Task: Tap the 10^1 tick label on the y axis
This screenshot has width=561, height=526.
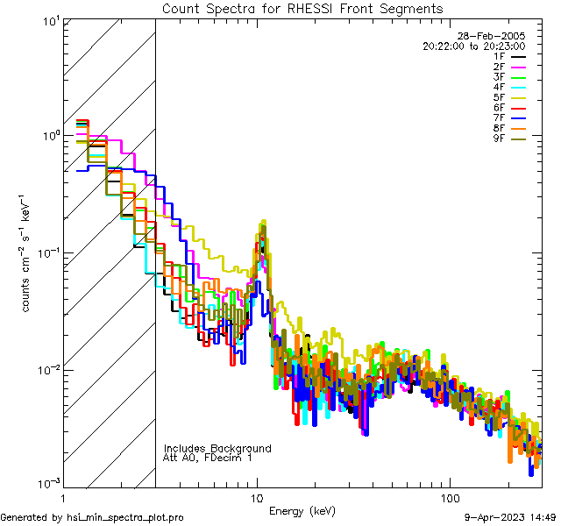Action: (x=50, y=20)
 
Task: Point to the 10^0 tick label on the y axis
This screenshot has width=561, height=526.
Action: (x=50, y=137)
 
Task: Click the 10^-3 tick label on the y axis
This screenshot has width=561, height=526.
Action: (x=48, y=484)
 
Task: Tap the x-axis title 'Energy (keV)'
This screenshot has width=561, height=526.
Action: (x=302, y=511)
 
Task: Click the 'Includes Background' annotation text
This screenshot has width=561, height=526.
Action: (x=217, y=448)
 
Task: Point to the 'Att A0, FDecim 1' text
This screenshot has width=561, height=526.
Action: (x=208, y=458)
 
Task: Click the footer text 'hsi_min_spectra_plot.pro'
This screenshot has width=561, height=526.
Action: (x=126, y=517)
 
